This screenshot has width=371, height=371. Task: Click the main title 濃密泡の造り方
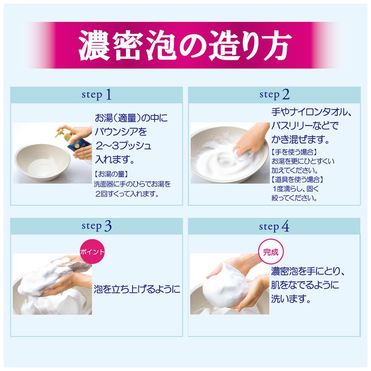pos(185,45)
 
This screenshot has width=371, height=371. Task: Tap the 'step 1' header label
pos(96,95)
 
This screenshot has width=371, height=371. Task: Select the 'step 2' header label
pos(274,95)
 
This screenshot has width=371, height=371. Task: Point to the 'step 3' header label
pos(96,226)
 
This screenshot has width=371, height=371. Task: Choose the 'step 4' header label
pos(274,226)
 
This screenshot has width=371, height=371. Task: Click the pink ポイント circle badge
pos(92,252)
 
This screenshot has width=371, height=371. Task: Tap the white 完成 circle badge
pos(271,252)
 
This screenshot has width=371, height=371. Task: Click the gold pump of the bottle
pos(63,134)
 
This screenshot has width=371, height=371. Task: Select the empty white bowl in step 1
pos(42,162)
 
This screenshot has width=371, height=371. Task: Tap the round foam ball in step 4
pos(226,285)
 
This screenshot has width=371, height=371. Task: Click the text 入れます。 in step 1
pos(115,159)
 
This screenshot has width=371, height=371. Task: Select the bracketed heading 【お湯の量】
pos(111,174)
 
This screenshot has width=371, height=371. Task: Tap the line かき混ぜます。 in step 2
pos(301,139)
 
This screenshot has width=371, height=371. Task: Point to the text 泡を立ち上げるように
pos(137,289)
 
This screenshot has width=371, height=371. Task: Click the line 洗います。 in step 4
pos(291,299)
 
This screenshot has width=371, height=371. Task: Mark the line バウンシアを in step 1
pos(121,132)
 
